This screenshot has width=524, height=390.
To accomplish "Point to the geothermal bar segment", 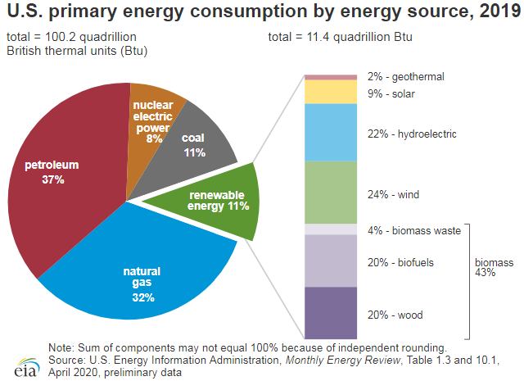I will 331,77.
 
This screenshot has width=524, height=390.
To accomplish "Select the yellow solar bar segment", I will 331,92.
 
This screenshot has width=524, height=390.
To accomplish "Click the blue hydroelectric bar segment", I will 331,132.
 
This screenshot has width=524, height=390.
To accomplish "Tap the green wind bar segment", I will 331,192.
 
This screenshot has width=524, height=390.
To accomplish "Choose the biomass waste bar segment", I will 331,229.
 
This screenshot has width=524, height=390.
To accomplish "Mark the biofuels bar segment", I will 331,261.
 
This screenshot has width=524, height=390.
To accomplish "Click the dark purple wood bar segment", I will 331,312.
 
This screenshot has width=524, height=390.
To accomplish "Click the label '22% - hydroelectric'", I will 412,134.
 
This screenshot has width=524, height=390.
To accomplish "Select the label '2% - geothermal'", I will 406,76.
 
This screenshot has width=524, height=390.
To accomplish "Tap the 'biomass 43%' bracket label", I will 494,267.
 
